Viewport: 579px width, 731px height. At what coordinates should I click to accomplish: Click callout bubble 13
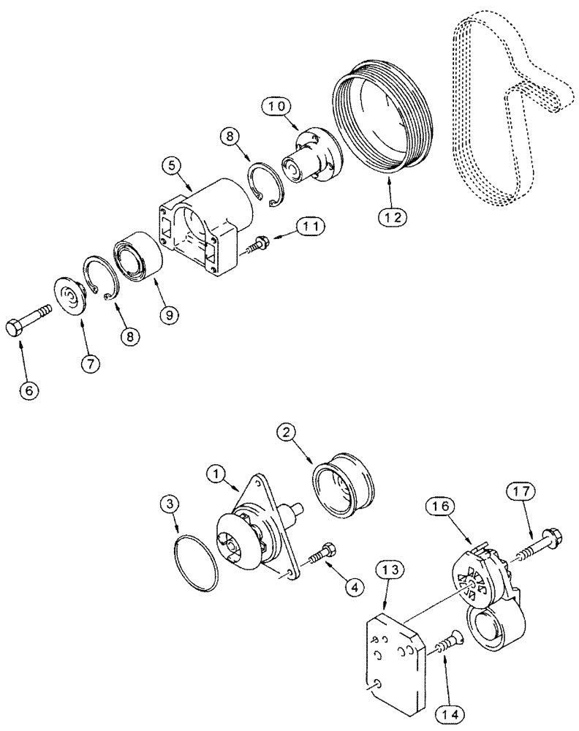coord(390,567)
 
